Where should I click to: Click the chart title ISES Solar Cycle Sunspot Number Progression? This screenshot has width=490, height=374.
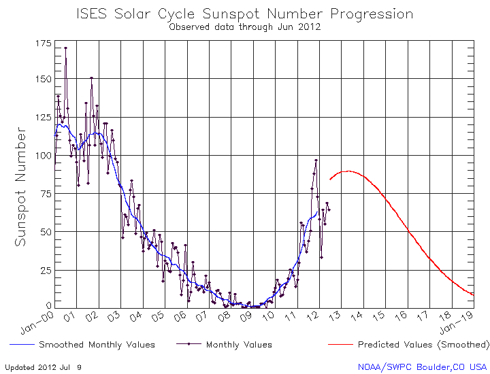244,14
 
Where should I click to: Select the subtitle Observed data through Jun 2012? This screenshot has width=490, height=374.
244,27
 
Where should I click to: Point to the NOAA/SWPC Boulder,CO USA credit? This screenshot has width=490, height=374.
423,367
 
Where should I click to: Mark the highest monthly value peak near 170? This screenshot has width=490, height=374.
65,48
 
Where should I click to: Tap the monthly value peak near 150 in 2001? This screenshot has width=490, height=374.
91,78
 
